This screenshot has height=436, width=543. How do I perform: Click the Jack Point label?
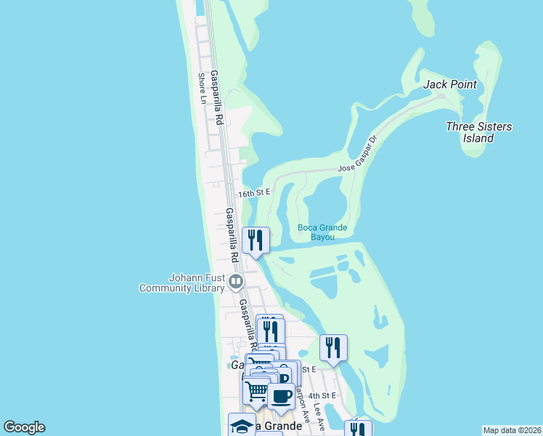(x=450, y=84)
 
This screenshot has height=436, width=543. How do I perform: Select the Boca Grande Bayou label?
(x=322, y=232)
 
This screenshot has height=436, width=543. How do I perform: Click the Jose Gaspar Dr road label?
(x=359, y=153)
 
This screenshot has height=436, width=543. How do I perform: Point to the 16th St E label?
(x=254, y=193)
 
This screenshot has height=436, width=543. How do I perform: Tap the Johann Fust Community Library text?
(x=181, y=283)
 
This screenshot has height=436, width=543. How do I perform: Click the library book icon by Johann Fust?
(x=236, y=281)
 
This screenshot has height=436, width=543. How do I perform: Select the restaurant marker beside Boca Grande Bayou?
(x=256, y=240)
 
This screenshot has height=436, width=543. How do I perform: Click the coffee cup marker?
(x=281, y=397)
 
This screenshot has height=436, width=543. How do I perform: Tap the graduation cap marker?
(x=242, y=425)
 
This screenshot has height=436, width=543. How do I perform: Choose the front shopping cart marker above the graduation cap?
(x=256, y=390)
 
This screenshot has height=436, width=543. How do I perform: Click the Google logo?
(x=24, y=427)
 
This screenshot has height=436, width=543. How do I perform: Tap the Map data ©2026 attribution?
(x=513, y=430)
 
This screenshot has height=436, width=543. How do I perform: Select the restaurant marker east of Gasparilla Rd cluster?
(x=333, y=347)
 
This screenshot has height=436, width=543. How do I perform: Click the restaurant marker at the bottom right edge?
(x=357, y=429)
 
